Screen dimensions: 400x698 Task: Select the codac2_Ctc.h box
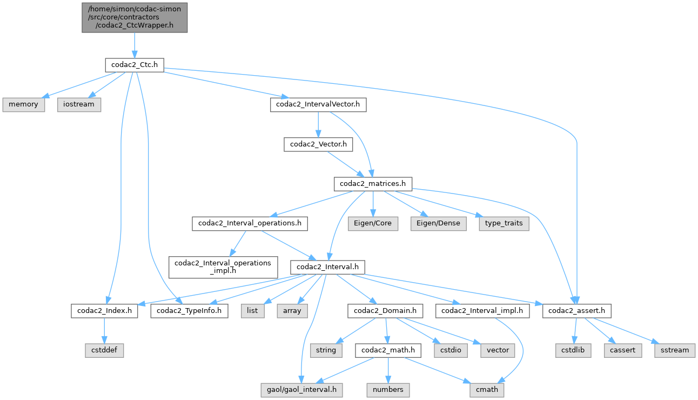(x=134, y=65)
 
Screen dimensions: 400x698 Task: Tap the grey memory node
(x=23, y=104)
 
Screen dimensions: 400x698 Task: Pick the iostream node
(x=79, y=104)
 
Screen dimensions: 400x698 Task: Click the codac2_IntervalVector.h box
(x=318, y=104)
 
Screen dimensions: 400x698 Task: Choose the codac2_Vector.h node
(x=318, y=144)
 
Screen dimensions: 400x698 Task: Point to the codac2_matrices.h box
(x=373, y=184)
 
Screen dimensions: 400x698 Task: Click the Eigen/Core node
(x=373, y=224)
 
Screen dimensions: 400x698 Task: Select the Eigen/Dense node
(x=438, y=224)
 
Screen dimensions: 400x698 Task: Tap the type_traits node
(x=504, y=224)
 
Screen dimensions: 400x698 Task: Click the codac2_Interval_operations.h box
(x=250, y=224)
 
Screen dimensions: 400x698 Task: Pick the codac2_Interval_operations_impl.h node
(x=224, y=267)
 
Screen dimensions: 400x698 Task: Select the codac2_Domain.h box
(x=385, y=311)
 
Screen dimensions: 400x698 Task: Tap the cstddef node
(x=104, y=350)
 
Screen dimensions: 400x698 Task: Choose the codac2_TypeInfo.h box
(x=189, y=311)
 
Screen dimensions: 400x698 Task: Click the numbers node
(x=388, y=389)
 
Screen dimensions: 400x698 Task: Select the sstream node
(x=675, y=350)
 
